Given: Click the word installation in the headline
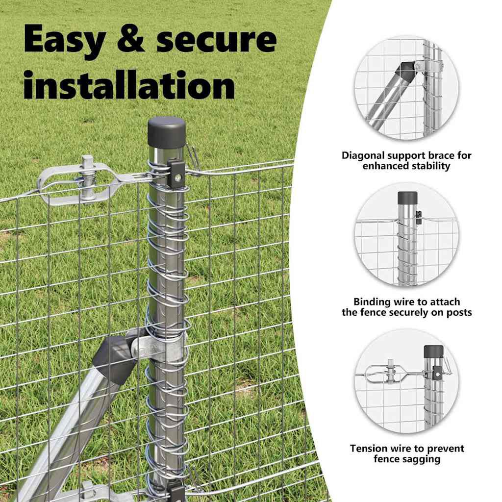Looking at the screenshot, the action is click(129, 85).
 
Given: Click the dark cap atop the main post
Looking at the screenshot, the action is click(167, 132).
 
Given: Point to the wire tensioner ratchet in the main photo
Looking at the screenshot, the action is click(86, 182).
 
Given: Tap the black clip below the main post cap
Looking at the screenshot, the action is click(176, 175).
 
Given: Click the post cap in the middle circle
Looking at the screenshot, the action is click(407, 198).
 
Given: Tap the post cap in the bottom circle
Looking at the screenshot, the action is click(433, 351).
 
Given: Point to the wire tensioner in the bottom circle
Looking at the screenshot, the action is click(391, 374).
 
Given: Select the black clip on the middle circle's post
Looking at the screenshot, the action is click(418, 218).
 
